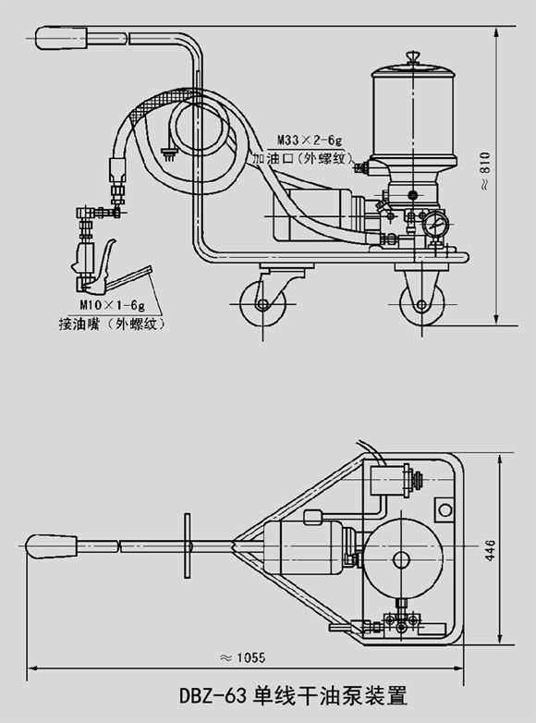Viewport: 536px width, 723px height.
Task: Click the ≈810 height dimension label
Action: point(485,170)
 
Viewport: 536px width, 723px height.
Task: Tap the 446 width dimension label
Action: point(490,549)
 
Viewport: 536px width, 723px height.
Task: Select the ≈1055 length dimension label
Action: point(243,657)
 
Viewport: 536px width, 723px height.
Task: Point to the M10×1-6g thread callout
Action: point(113,305)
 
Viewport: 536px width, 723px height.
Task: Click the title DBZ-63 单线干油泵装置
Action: point(294,696)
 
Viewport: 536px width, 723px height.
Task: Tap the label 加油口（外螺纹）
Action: point(303,159)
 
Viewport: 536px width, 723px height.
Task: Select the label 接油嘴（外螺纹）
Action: point(112,325)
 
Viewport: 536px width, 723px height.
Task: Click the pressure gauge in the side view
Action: point(435,223)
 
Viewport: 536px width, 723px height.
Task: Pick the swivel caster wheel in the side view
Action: point(262,304)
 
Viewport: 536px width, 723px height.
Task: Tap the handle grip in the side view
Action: point(62,38)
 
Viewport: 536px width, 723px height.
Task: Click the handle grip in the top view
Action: point(51,546)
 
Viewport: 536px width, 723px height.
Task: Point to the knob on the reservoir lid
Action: point(413,57)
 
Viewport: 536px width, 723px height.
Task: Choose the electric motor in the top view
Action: point(304,547)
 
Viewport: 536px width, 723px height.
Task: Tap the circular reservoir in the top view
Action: point(401,560)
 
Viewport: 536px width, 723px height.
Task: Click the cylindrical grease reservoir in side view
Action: point(413,116)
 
